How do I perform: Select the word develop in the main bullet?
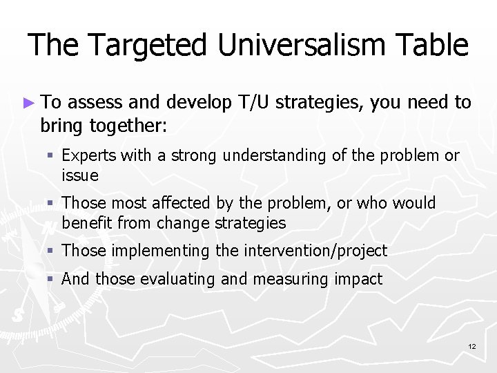pos(202,103)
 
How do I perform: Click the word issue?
pos(80,175)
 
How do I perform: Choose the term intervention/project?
pos(313,251)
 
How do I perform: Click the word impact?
pos(355,279)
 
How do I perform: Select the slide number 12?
pos(471,345)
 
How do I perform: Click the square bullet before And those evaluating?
pos(51,279)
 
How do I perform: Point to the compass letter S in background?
pos(17,315)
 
